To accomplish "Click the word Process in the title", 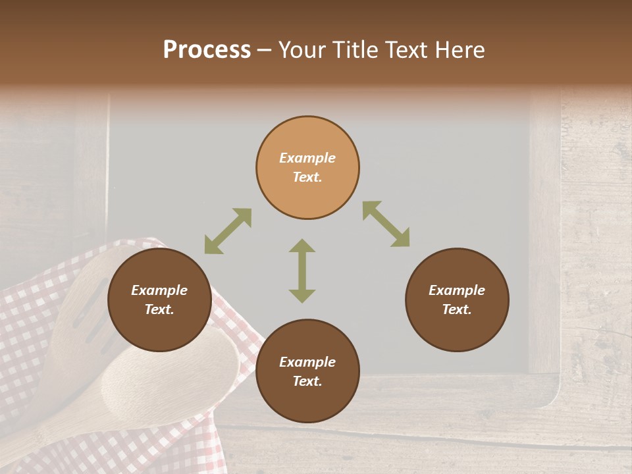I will click(x=207, y=50).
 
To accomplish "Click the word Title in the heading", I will click(x=354, y=50).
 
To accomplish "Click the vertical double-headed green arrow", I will click(x=302, y=271).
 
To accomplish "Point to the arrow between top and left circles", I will click(x=228, y=231).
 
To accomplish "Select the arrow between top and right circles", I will click(x=386, y=224).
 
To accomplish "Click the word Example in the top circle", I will click(x=307, y=158).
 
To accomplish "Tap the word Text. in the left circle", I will click(x=159, y=309).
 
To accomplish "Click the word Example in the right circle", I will click(x=457, y=290).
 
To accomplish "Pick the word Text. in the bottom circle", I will click(x=307, y=381).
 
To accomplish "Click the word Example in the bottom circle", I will click(x=307, y=362).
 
